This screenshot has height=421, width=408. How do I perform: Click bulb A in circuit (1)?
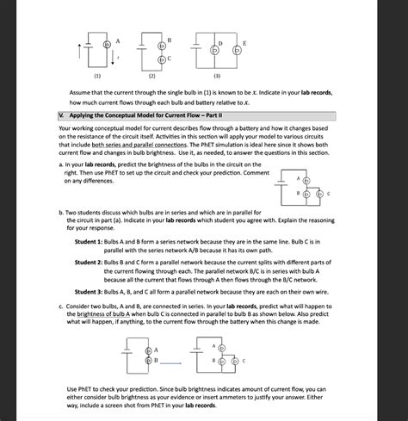click(106, 44)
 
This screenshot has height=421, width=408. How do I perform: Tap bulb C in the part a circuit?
click(318, 195)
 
